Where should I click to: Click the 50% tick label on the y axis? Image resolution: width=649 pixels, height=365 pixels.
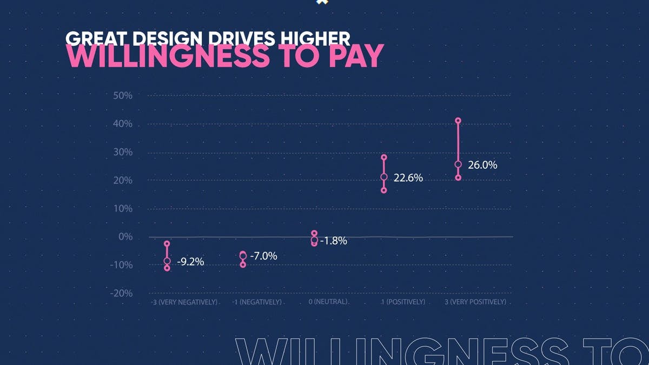[122, 96]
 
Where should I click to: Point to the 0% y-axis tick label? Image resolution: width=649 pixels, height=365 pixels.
[125, 236]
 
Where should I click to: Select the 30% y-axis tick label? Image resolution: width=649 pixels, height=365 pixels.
[122, 152]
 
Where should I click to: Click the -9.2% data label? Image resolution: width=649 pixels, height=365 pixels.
[190, 262]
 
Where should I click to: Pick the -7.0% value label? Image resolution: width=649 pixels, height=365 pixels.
[263, 256]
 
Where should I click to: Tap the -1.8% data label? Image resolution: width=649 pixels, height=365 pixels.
[333, 241]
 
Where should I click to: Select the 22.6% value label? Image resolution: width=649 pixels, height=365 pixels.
[408, 177]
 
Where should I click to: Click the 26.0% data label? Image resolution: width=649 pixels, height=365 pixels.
[482, 165]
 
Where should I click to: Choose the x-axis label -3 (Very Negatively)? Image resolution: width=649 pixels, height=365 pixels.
[184, 302]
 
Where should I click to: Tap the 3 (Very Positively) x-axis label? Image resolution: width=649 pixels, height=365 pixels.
[475, 301]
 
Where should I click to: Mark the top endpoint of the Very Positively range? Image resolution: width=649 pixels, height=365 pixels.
[458, 121]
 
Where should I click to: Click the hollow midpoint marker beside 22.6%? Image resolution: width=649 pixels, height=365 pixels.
[384, 177]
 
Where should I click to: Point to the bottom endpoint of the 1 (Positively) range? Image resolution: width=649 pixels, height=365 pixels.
[384, 190]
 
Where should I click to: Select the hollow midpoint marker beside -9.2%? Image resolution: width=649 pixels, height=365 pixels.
[167, 261]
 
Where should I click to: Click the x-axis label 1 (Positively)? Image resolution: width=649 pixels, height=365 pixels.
[403, 301]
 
